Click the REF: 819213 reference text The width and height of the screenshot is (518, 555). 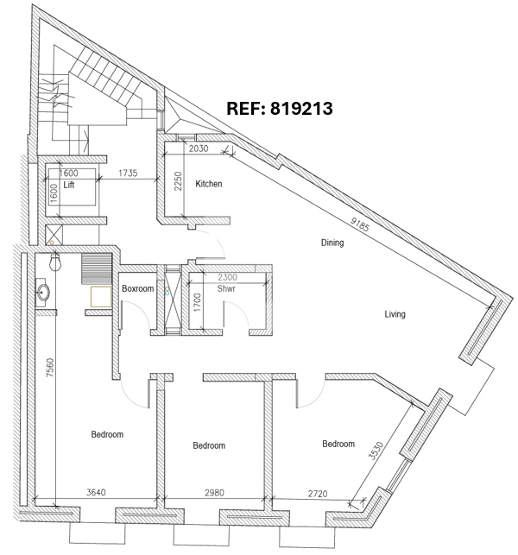coord(280,108)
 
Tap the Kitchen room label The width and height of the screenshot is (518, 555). coord(209,184)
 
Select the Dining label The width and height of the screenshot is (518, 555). coord(332,243)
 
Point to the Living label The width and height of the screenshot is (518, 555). coord(395,314)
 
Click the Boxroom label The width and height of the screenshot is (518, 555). coord(138,288)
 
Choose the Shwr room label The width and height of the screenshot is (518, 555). coord(226,288)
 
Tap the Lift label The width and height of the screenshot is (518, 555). coord(69,185)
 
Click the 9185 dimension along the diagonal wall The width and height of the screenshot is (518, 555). coord(360,224)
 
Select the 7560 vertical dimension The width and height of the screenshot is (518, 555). coord(50,368)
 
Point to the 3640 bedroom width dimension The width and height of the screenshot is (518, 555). coord(96,492)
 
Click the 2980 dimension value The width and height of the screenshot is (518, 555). coord(214,492)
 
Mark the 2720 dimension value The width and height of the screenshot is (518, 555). coord(318,494)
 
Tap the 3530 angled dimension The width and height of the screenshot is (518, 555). coord(376,451)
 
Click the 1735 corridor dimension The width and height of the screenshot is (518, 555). coord(128,173)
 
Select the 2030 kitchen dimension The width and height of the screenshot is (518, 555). coord(199,148)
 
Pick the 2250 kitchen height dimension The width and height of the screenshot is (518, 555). coord(178,181)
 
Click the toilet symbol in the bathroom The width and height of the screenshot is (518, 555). coord(55,262)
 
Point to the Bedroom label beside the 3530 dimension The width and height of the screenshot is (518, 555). coord(338,444)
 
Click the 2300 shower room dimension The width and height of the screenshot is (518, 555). coord(227,277)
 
